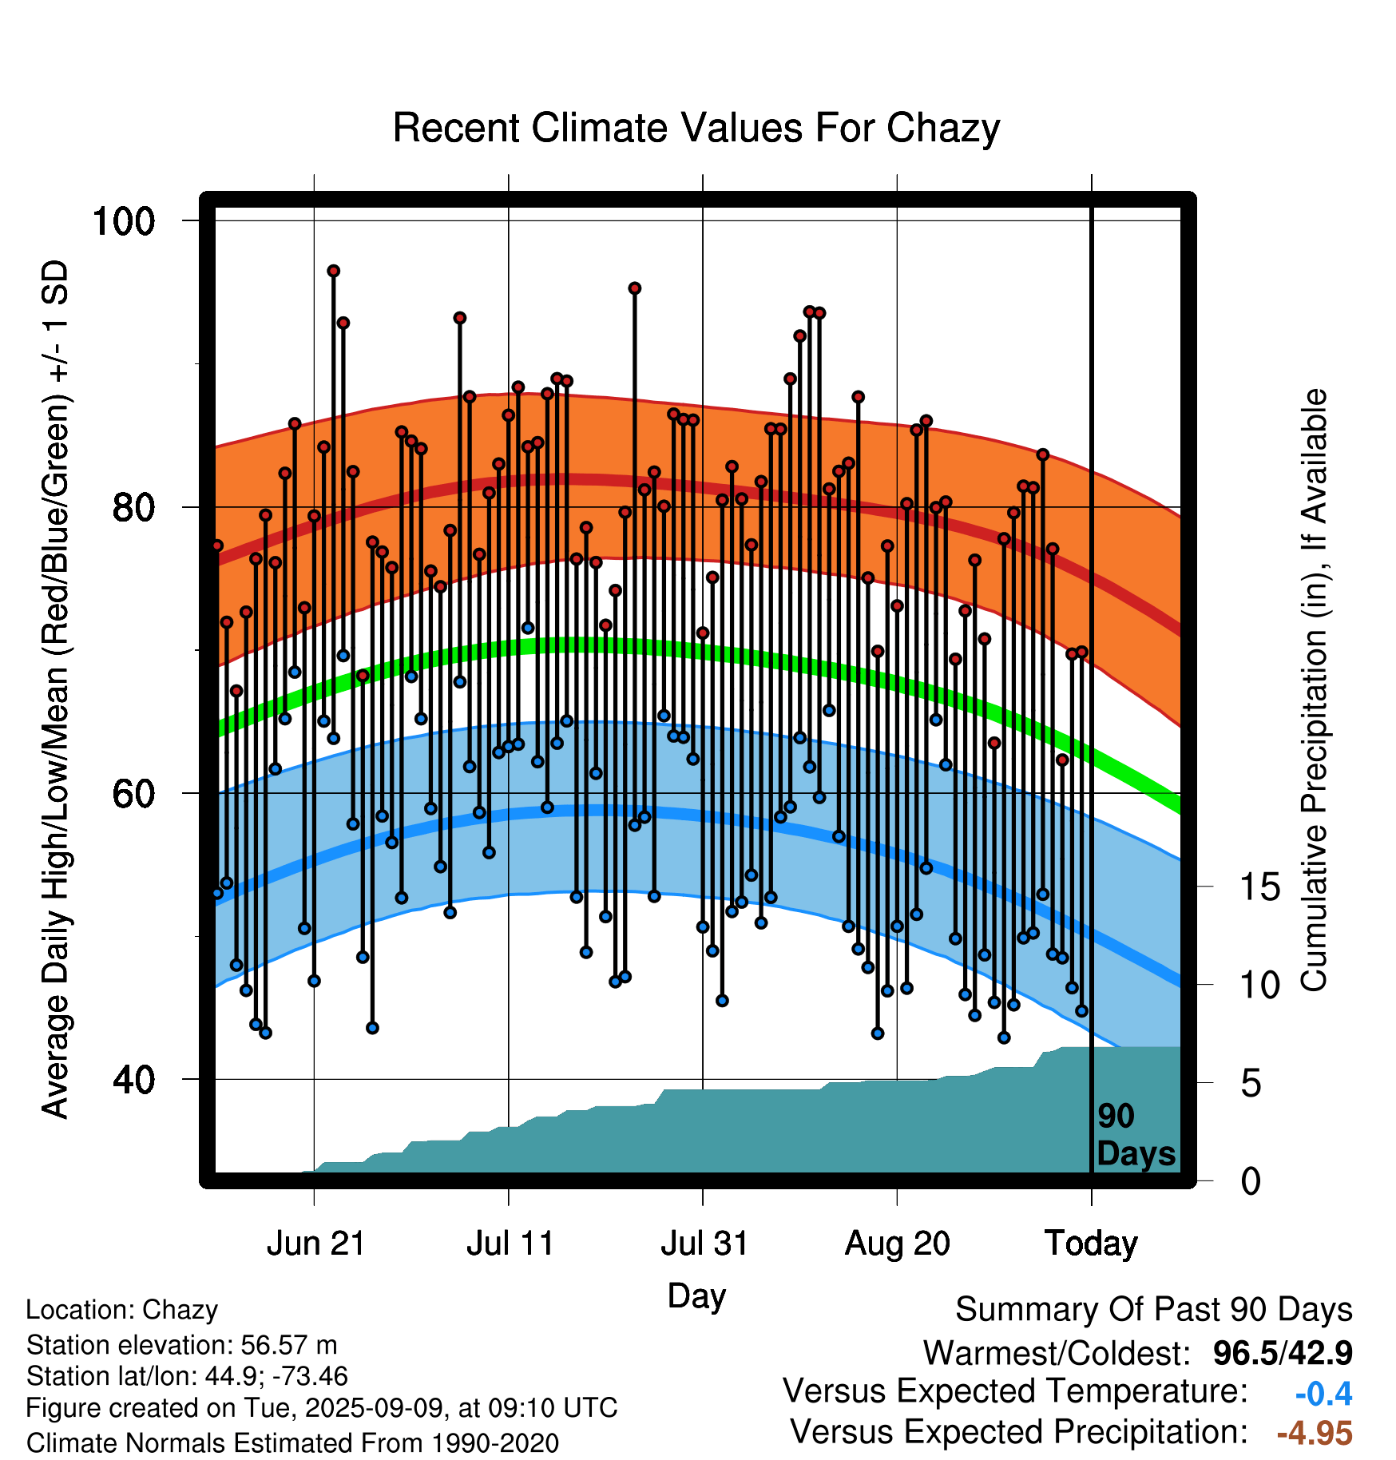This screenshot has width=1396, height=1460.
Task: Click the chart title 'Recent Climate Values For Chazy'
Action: tap(696, 129)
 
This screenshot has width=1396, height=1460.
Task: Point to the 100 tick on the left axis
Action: tap(124, 220)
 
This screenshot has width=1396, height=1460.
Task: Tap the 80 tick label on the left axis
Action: tap(134, 506)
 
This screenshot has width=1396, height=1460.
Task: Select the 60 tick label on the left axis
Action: tap(134, 793)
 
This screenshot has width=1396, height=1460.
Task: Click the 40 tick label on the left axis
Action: tap(134, 1079)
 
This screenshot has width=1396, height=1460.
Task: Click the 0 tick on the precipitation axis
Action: tap(1251, 1180)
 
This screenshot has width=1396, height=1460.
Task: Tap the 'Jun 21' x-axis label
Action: tap(315, 1244)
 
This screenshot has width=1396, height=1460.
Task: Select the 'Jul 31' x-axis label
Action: tap(704, 1244)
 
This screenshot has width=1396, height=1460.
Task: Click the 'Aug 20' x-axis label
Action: tap(898, 1244)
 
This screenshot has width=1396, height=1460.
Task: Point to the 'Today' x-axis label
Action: tap(1092, 1244)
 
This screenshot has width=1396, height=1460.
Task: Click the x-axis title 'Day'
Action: tap(696, 1295)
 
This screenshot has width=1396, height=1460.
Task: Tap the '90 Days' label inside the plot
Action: tap(1136, 1135)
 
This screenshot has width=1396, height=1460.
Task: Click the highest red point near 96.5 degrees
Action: tap(334, 271)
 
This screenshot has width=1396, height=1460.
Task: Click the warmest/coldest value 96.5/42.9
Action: tap(1283, 1353)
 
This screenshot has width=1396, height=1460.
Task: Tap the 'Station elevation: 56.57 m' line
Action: tap(182, 1345)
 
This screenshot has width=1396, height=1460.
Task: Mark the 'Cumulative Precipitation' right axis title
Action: tap(1315, 690)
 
